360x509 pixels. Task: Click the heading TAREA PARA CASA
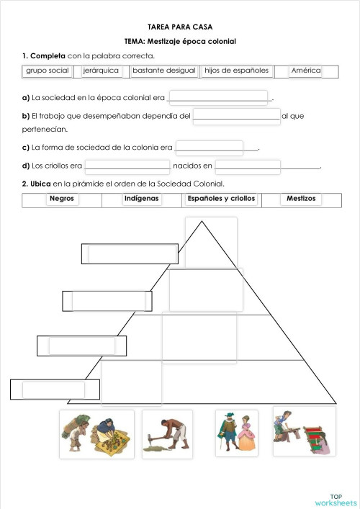[x=180, y=25]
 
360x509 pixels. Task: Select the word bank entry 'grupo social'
[x=48, y=71]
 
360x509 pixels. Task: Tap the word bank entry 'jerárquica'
[x=101, y=71]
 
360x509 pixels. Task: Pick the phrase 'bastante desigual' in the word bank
[x=162, y=71]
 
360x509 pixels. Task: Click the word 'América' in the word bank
[x=305, y=71]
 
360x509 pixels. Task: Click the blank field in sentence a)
[x=217, y=97]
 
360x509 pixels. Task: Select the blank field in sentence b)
[x=236, y=115]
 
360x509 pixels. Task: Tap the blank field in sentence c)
[x=210, y=147]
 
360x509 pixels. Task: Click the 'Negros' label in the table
[x=62, y=199]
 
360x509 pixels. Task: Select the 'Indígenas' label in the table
[x=141, y=199]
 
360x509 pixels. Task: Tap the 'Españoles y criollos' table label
[x=221, y=199]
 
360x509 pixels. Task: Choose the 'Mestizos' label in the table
[x=301, y=199]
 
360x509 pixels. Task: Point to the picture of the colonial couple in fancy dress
[x=236, y=433]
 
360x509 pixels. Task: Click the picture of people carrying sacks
[x=96, y=434]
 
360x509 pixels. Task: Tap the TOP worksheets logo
[x=336, y=499]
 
